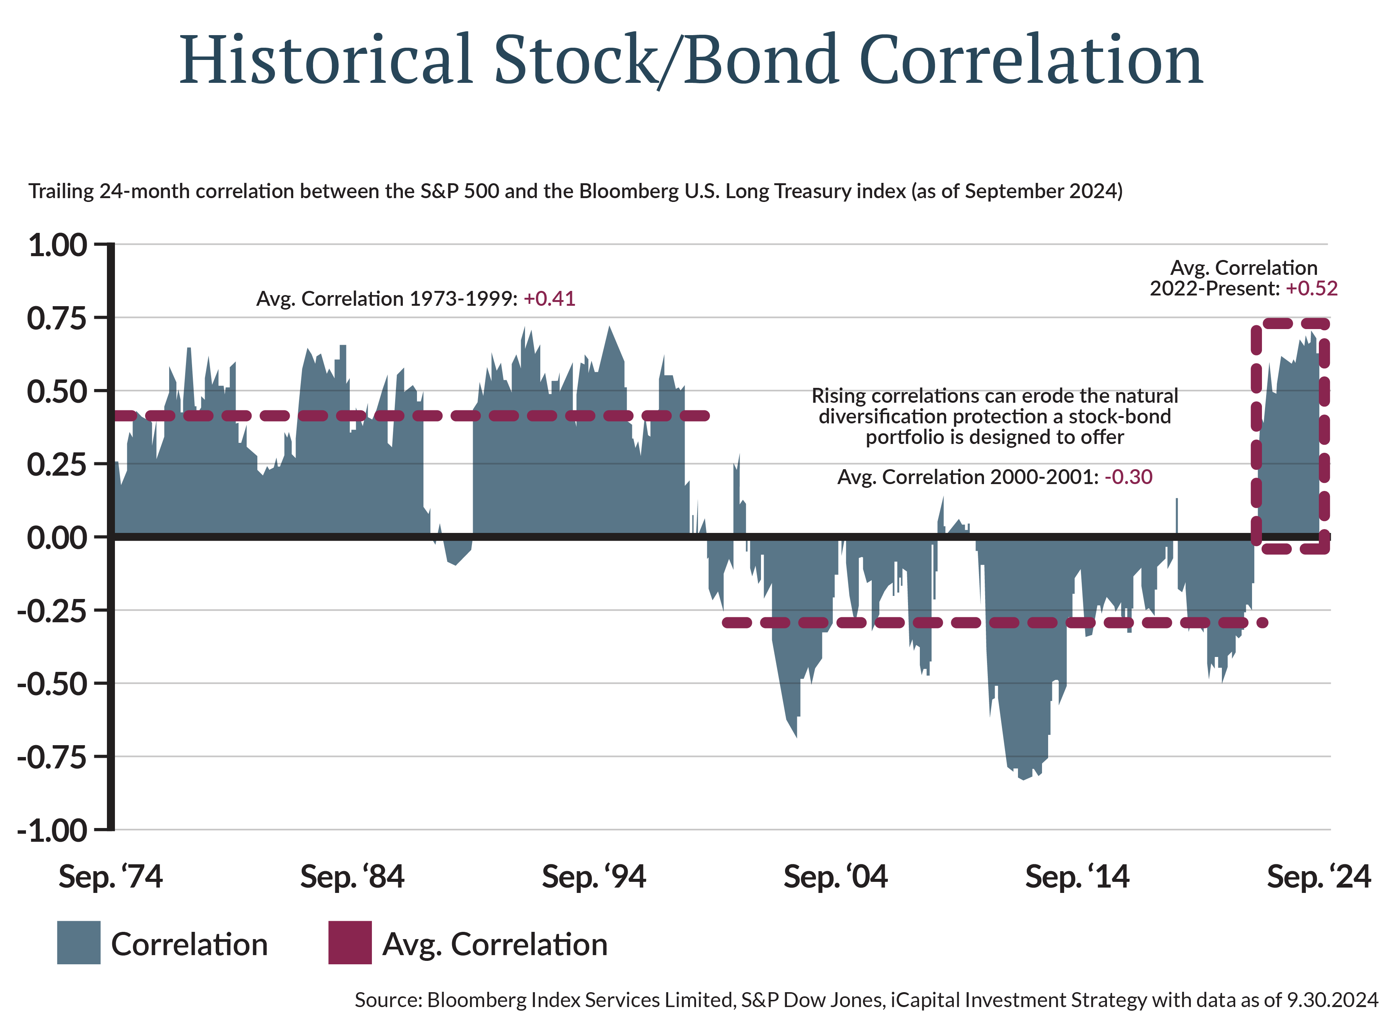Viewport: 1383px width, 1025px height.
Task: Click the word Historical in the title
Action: point(326,60)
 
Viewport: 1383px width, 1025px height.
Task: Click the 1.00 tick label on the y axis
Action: point(57,245)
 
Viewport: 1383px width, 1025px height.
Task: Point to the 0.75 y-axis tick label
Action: point(57,318)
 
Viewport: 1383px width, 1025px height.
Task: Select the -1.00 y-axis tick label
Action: point(53,831)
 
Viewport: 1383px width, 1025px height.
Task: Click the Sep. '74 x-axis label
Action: point(110,877)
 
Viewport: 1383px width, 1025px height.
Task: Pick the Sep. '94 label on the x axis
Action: point(594,877)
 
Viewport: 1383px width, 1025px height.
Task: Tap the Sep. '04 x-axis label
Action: point(835,877)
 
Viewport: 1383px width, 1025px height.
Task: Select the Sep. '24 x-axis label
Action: point(1318,877)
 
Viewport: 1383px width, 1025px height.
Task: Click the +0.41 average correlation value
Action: point(549,299)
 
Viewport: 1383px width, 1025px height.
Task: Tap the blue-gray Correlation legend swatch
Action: point(79,943)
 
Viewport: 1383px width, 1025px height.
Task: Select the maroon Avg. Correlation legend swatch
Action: point(350,943)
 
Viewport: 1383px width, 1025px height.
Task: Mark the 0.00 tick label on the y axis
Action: point(57,538)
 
